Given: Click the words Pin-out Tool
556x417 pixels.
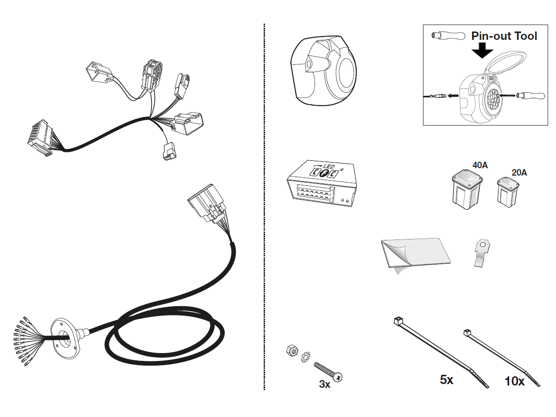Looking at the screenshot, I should (x=504, y=36).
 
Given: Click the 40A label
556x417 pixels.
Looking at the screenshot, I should (x=480, y=164).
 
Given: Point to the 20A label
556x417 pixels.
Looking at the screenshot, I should (x=519, y=172).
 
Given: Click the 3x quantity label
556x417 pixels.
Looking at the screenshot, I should (x=324, y=384).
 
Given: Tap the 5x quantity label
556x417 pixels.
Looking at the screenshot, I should (x=447, y=380).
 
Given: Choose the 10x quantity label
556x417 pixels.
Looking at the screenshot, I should (x=514, y=381).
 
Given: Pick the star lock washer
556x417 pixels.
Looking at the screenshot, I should (x=305, y=357).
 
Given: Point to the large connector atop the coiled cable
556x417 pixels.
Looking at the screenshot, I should (x=207, y=204).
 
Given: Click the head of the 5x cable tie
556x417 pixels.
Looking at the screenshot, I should (x=397, y=321).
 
